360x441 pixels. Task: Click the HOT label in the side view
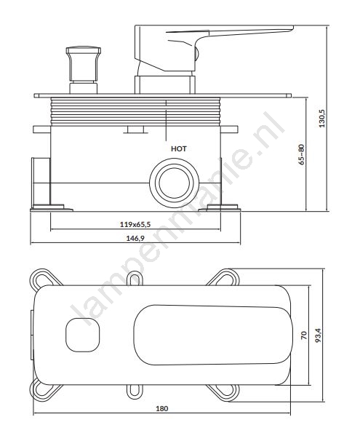point(178,148)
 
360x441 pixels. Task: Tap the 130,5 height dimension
point(322,119)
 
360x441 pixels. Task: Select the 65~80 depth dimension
point(302,154)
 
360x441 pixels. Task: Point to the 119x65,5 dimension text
point(135,224)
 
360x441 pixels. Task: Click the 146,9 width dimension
point(135,239)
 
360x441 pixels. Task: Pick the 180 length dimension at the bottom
point(162,409)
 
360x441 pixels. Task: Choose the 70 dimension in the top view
point(304,335)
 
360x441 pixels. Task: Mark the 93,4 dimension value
point(318,335)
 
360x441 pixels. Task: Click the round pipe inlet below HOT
point(175,183)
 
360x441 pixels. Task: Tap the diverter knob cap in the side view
point(84,51)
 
